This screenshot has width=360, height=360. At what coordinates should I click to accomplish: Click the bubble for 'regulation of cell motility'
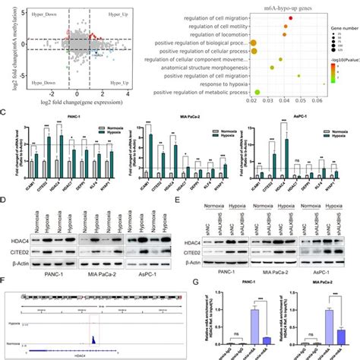pyautogui.click(x=286, y=26)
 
